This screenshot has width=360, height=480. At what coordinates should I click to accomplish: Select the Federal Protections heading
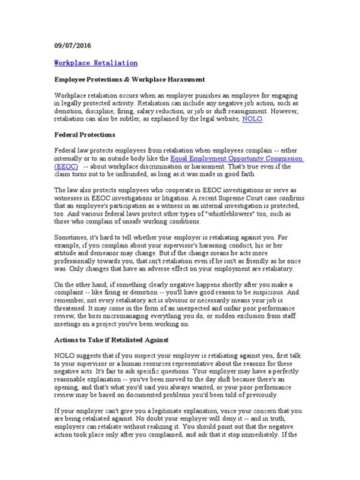click(x=90, y=134)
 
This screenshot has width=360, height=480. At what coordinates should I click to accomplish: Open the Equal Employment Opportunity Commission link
click(x=247, y=160)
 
